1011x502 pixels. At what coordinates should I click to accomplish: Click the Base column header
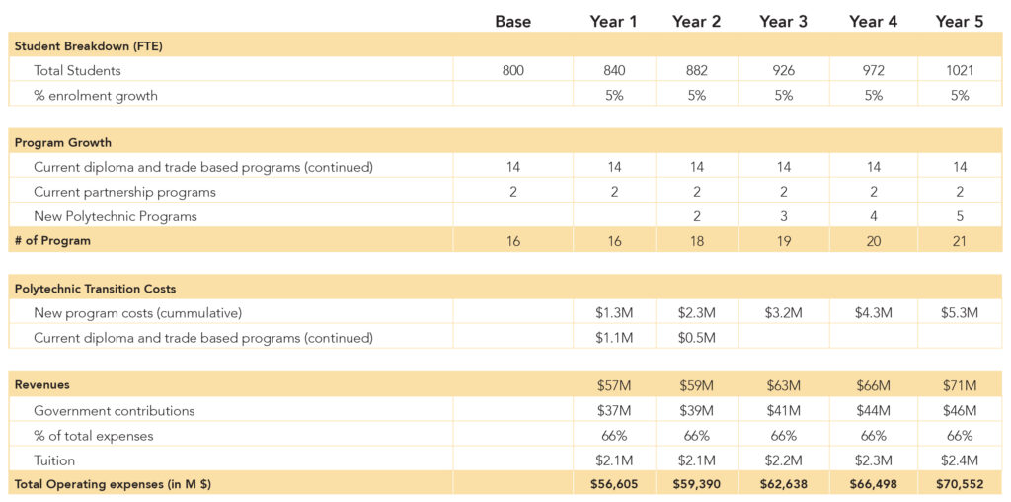coord(513,22)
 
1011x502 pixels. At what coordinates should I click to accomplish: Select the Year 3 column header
coord(783,22)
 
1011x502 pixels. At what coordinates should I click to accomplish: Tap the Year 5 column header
coord(960,22)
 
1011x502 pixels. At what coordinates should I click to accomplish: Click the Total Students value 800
coord(513,70)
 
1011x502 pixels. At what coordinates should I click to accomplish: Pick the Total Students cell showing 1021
coord(960,70)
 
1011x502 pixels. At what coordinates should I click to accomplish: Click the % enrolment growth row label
coord(96,96)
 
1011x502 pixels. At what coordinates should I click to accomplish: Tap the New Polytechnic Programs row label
coord(116,216)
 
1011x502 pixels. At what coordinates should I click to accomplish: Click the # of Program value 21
coord(960,241)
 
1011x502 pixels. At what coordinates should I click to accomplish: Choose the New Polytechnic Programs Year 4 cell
coord(873,216)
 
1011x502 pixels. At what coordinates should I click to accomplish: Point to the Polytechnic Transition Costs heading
coord(95,289)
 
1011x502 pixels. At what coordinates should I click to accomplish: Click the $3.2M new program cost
coord(783,313)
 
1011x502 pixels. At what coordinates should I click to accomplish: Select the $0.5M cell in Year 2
coord(696,338)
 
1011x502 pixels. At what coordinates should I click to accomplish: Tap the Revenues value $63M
coord(783,385)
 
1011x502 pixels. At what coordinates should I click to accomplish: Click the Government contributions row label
coord(115,411)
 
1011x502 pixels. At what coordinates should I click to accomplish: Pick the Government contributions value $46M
coord(960,411)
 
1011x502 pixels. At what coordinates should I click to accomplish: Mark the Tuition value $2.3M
coord(873,460)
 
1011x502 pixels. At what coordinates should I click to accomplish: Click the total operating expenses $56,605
coord(614,484)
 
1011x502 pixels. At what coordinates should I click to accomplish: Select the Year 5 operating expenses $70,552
coord(960,484)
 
